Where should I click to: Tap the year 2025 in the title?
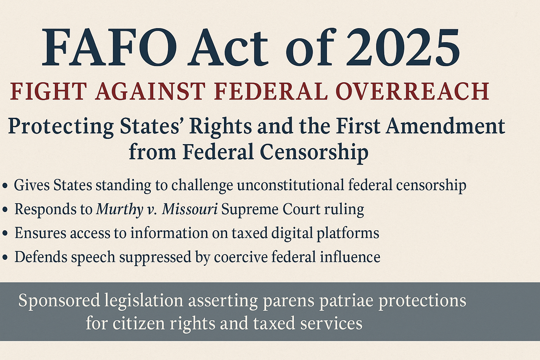[x=402, y=47]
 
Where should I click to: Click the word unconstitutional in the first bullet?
[x=290, y=185]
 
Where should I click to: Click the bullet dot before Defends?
[x=5, y=258]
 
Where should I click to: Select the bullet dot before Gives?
[x=5, y=186]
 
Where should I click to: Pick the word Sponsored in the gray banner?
[x=59, y=301]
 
